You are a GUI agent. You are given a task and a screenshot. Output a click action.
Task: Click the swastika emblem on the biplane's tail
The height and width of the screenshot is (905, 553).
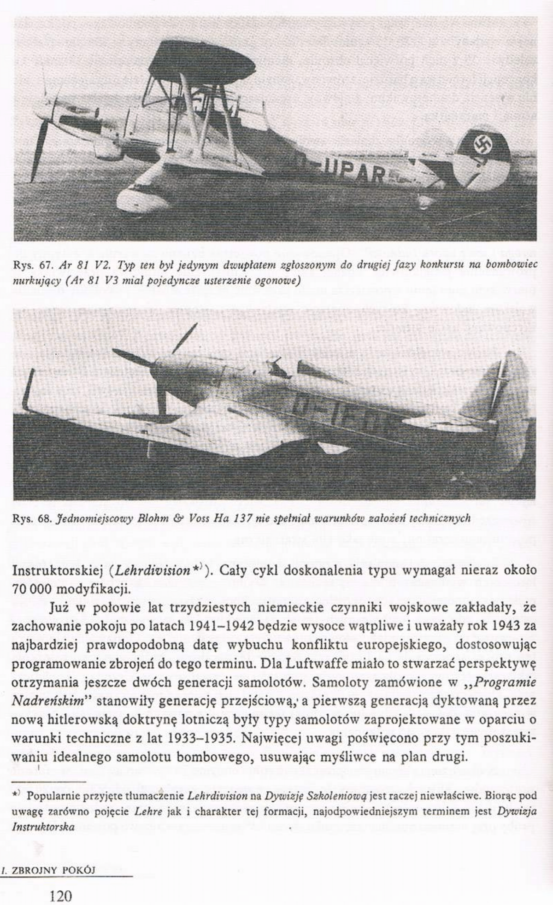[482, 146]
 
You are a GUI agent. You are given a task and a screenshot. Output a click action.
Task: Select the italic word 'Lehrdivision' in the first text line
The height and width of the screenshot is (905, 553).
[152, 570]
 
